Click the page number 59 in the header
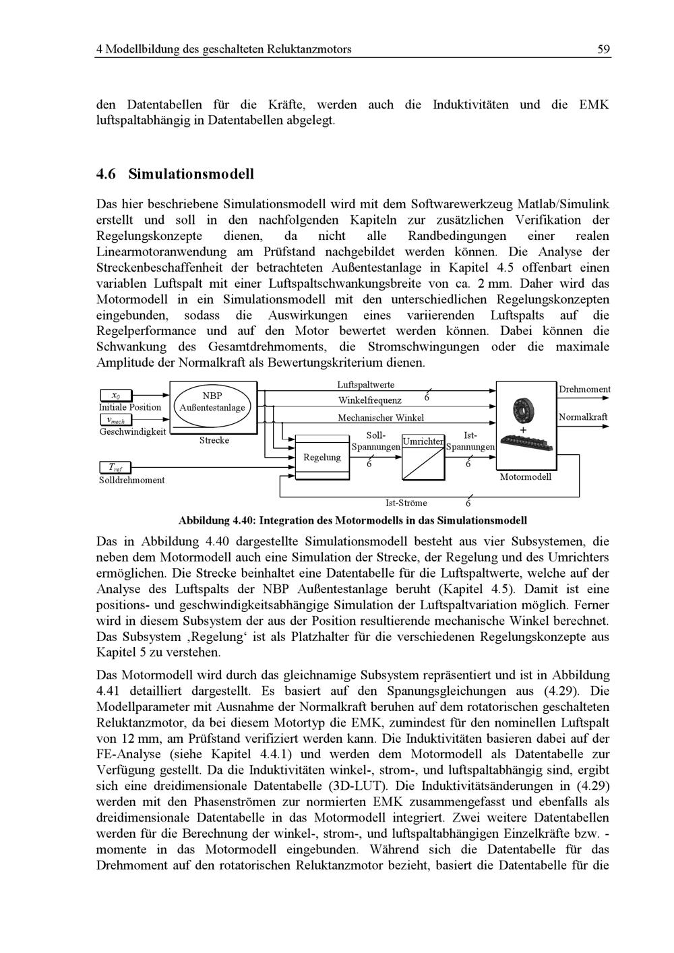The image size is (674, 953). [603, 49]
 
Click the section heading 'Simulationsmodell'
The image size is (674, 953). [191, 174]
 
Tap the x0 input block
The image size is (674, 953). [116, 395]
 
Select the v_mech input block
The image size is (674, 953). [116, 420]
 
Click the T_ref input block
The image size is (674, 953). [116, 467]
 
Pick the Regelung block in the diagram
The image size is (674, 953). [321, 458]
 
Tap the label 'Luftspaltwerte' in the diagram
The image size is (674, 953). [366, 385]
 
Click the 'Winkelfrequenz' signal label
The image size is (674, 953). [370, 400]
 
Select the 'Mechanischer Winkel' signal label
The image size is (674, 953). [381, 418]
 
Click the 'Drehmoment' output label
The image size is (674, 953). [584, 390]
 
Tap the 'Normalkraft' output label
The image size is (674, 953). [583, 417]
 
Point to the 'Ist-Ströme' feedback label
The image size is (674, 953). [406, 503]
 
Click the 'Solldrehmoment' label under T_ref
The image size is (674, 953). [131, 480]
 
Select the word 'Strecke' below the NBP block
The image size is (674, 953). [214, 440]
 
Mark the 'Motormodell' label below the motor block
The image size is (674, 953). [526, 476]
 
